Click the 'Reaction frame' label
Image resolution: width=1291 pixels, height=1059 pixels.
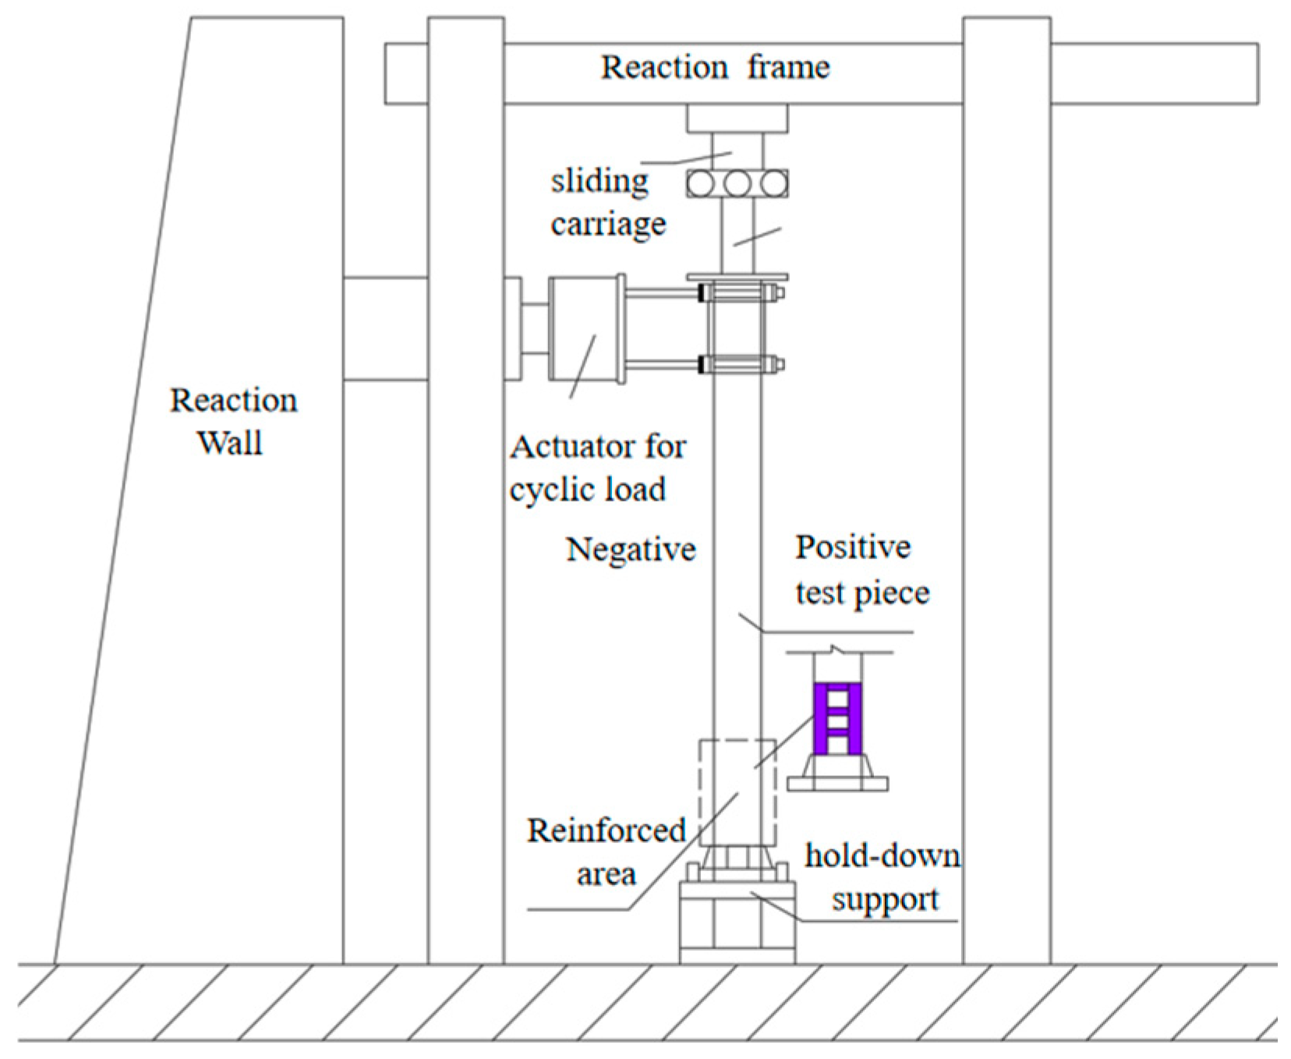point(715,68)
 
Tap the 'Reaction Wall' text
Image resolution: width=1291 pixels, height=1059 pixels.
point(232,421)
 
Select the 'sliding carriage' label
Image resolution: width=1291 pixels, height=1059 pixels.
point(607,203)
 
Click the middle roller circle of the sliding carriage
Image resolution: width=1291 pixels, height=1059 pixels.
point(737,184)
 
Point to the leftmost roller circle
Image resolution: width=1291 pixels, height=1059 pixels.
point(700,184)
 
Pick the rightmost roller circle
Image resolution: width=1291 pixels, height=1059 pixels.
point(774,184)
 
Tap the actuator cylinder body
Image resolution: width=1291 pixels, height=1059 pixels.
point(585,329)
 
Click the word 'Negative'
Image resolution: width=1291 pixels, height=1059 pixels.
point(630,550)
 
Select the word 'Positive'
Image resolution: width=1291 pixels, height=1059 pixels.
point(852,547)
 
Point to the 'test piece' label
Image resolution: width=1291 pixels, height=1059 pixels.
point(861,593)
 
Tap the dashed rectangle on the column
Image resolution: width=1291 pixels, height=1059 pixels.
point(737,792)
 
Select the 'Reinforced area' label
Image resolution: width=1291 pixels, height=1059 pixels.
point(606,852)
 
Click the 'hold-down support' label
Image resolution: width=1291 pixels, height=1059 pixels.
point(882,877)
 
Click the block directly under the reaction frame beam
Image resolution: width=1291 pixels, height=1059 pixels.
point(737,119)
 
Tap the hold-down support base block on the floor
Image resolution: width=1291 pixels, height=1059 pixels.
point(737,924)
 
